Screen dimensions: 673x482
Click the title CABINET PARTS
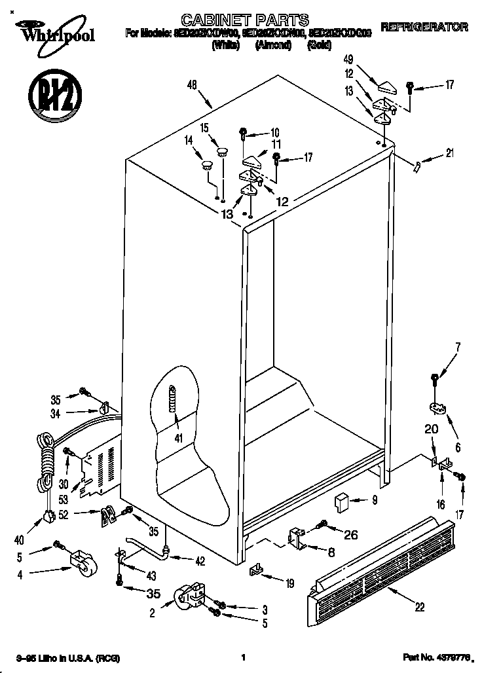[235, 20]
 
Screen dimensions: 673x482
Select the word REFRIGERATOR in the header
[424, 27]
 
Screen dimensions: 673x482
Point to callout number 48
[191, 84]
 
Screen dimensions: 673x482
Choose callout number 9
[374, 501]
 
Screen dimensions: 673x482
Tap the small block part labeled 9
[341, 502]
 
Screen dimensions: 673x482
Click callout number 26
[351, 534]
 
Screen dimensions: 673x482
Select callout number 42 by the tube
[200, 560]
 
